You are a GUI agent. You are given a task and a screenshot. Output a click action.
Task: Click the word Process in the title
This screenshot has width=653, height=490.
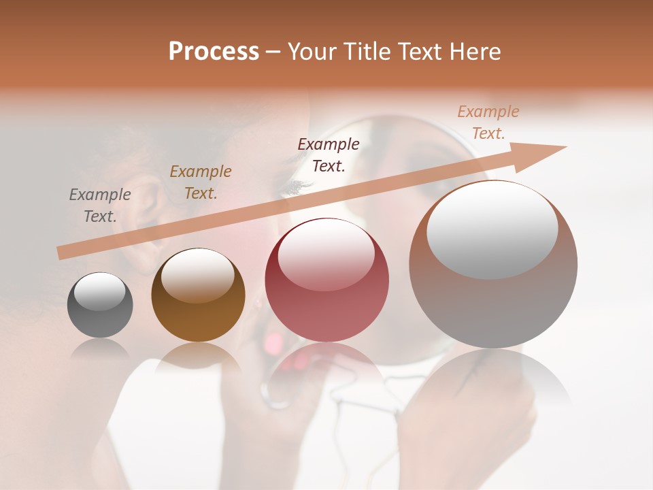214,52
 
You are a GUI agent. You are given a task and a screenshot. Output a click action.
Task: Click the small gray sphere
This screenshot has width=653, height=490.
100,306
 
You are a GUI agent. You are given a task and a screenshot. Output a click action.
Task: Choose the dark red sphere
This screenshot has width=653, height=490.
326,280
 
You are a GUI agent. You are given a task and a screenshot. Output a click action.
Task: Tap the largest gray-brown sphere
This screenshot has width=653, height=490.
493,265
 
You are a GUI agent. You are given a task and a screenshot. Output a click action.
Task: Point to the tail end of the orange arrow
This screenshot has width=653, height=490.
61,253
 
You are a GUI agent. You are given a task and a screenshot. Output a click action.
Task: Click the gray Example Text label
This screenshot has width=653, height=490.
100,206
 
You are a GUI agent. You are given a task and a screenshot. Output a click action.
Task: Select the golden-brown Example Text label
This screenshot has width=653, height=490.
201,182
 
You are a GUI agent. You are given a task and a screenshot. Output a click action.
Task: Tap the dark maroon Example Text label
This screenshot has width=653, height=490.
329,154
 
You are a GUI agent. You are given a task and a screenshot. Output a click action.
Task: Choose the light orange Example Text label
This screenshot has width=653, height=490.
488,122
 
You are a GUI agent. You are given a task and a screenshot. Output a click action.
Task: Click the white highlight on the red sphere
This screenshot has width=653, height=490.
326,253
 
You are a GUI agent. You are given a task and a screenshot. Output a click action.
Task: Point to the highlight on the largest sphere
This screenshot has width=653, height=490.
492,229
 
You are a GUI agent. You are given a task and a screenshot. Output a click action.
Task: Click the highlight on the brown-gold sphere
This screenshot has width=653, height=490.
197,274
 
